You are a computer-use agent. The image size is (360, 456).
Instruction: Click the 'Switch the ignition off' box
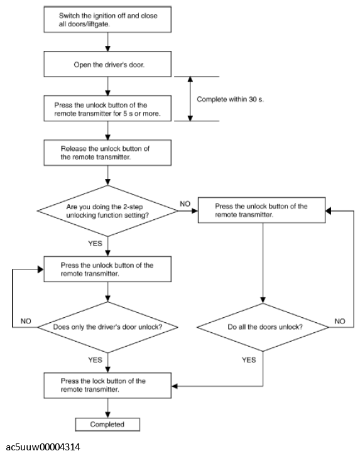(107, 19)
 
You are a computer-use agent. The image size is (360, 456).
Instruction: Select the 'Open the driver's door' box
(107, 64)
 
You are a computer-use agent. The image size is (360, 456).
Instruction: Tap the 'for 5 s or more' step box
(107, 109)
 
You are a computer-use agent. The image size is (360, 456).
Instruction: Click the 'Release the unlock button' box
(107, 153)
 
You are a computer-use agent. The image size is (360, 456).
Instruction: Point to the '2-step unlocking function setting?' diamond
(107, 211)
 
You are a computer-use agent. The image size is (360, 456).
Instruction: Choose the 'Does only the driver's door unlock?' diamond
(107, 327)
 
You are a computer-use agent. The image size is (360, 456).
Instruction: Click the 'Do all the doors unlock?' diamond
(263, 327)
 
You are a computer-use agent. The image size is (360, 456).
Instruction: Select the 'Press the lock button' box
(107, 385)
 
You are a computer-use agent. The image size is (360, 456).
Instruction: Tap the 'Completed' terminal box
(107, 425)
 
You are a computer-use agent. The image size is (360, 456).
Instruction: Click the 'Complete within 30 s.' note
(231, 99)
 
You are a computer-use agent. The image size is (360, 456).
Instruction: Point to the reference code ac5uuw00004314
(43, 447)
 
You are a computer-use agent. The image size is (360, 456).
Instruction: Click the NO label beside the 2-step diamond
(185, 204)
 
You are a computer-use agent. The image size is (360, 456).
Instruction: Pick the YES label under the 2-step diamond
(95, 244)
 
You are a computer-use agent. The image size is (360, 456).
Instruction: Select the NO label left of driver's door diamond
(26, 321)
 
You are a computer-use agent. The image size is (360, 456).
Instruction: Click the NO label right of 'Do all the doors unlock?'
(340, 321)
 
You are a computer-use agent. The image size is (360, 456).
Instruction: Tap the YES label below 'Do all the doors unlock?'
(249, 360)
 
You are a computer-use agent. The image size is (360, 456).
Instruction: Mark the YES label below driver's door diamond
(95, 360)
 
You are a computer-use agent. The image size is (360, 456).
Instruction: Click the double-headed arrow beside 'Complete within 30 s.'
(190, 99)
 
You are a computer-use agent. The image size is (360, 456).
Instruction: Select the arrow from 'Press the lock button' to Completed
(107, 408)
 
